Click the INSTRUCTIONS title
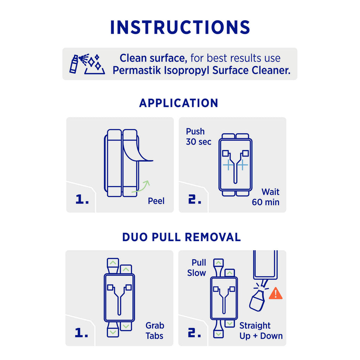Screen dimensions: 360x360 (x=180, y=27)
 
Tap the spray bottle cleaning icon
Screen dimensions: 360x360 (x=87, y=64)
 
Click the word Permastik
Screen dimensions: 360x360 (x=137, y=70)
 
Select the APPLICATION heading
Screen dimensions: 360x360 (x=179, y=103)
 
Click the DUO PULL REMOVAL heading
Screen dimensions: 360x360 (x=181, y=237)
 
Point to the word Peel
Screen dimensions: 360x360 (x=156, y=201)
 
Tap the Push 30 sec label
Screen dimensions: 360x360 (x=198, y=137)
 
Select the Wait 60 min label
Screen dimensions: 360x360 (x=266, y=197)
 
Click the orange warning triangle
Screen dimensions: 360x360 (x=276, y=294)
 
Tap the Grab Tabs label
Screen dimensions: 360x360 (x=155, y=330)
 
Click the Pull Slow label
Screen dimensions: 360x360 (x=197, y=268)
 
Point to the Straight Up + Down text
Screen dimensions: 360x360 (x=261, y=331)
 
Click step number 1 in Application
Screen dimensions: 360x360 (x=82, y=199)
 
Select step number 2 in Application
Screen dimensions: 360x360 (x=195, y=199)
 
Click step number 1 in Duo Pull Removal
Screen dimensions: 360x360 (x=81, y=333)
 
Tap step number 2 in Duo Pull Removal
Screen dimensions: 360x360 (x=194, y=333)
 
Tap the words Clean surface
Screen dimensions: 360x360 (x=153, y=58)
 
